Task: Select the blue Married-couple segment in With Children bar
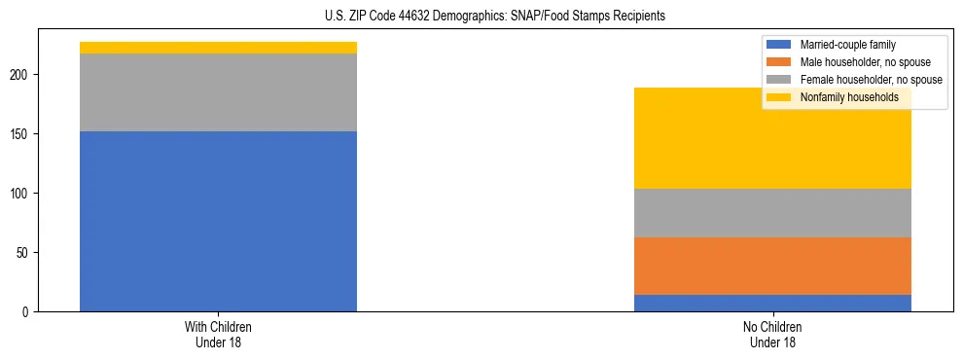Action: pyautogui.click(x=218, y=221)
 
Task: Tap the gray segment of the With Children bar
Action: pyautogui.click(x=218, y=92)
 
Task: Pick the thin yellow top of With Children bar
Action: pyautogui.click(x=218, y=48)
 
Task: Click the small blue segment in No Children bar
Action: pyautogui.click(x=772, y=303)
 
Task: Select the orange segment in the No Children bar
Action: pyautogui.click(x=772, y=266)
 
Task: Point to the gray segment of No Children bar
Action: pyautogui.click(x=772, y=213)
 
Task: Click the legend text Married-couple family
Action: pyautogui.click(x=848, y=45)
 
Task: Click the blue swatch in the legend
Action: pyautogui.click(x=779, y=45)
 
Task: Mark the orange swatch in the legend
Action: pyautogui.click(x=779, y=62)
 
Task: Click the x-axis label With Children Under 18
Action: pyautogui.click(x=218, y=334)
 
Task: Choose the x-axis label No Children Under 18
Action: pyautogui.click(x=772, y=334)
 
